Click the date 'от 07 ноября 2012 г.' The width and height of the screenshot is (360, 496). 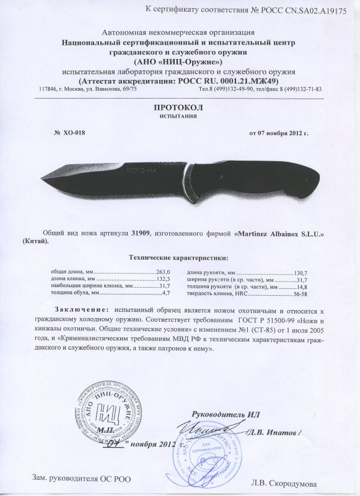coord(278,133)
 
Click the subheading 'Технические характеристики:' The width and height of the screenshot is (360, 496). coord(178,257)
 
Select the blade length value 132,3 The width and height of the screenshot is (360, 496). coord(162,280)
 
